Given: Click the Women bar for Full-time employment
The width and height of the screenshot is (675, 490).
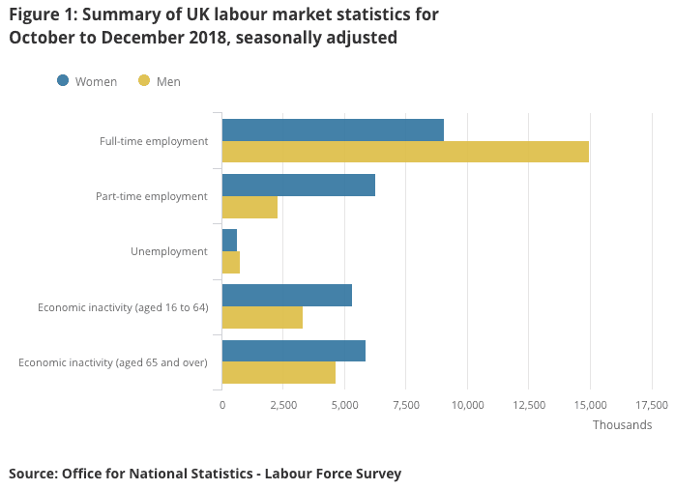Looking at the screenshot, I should click(333, 130).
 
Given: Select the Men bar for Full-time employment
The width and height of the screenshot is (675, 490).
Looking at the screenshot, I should click(405, 152).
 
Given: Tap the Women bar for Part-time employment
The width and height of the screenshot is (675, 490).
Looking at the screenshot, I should click(298, 186).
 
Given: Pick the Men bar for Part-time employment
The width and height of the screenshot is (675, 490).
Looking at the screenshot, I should click(249, 207).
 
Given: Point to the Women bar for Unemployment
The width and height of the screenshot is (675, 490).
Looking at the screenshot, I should click(229, 241).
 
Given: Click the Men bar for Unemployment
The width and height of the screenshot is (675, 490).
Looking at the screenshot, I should click(231, 262).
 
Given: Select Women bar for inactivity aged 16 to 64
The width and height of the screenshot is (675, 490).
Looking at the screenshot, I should click(286, 296).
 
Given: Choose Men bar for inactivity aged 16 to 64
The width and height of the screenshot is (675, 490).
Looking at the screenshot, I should click(262, 317).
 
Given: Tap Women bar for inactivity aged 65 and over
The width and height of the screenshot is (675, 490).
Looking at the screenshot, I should click(293, 351).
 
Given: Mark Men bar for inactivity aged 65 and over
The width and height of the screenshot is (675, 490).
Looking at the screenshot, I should click(279, 372).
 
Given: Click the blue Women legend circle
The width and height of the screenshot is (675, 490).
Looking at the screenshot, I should click(63, 81).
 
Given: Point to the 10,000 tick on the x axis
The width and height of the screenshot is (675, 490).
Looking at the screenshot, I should click(467, 405).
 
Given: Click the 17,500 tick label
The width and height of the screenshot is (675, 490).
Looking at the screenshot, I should click(651, 405).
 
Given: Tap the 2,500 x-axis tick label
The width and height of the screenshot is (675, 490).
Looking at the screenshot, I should click(283, 405).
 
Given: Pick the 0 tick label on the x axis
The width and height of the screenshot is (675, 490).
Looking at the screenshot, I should click(222, 405).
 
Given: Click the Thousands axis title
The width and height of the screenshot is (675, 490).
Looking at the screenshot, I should click(622, 425).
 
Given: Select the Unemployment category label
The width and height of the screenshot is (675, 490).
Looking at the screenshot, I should click(169, 251).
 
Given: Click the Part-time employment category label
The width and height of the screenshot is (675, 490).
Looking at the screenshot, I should click(152, 196).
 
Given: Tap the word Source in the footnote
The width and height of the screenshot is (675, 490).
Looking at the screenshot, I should click(33, 474).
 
